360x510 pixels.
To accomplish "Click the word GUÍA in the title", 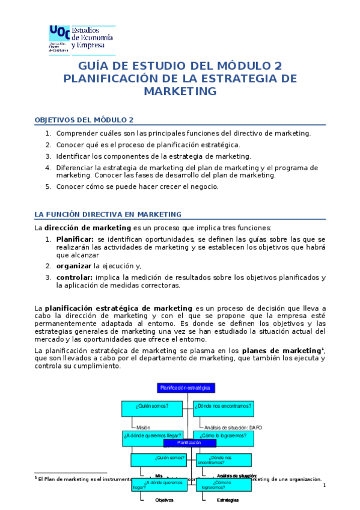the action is [x=97, y=66].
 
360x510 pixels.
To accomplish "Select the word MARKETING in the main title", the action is [x=180, y=91].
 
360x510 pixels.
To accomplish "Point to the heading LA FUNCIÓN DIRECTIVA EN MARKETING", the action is [x=108, y=214].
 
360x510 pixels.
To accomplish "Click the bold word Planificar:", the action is [x=75, y=239].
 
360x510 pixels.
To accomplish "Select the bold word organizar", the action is [x=74, y=265].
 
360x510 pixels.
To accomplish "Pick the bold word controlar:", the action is [x=75, y=277].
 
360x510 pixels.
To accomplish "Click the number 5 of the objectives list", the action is [x=48, y=186].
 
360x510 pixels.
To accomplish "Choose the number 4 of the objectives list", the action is [x=48, y=167].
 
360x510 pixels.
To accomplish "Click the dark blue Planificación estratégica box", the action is [x=186, y=388].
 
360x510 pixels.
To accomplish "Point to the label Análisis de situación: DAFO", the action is [x=233, y=428].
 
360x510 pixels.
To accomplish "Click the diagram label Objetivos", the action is [x=164, y=500].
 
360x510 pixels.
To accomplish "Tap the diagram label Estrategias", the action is [x=227, y=500].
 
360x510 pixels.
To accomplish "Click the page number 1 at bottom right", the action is [x=324, y=485].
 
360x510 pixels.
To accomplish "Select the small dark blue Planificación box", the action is [x=189, y=443].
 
